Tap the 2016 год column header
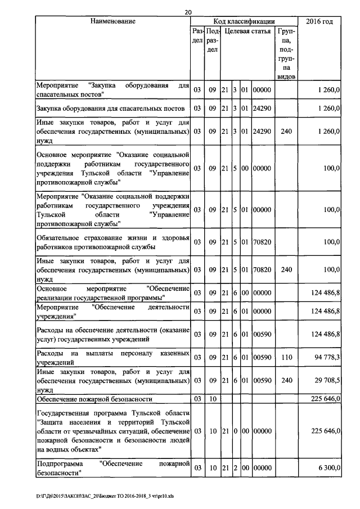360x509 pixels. click(319, 21)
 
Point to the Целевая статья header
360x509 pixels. click(247, 32)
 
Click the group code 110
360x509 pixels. click(286, 358)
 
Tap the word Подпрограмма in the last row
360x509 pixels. click(59, 464)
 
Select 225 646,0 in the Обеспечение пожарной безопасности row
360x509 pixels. click(322, 399)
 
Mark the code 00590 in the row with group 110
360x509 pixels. click(262, 358)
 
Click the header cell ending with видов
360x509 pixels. click(286, 75)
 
